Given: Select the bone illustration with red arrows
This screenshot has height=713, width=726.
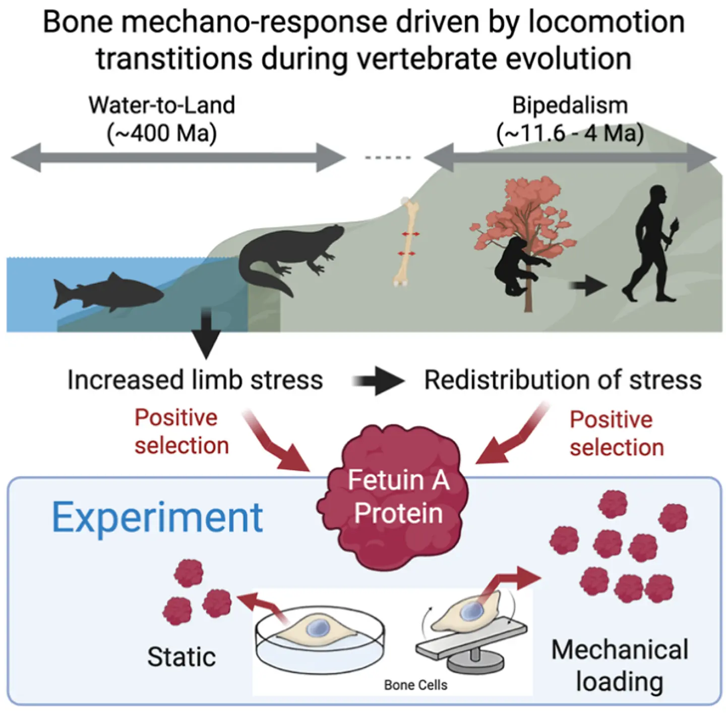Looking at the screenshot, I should pos(407,242).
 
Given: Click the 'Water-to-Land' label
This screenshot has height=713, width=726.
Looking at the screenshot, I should pos(162,105).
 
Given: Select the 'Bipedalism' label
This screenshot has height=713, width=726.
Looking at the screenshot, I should pos(570,105).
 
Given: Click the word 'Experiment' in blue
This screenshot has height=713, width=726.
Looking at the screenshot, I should pos(157,518).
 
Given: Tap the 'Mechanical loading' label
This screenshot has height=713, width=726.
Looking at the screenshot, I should pos(620,665).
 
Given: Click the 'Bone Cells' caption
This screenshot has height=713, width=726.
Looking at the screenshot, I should pos(415,685).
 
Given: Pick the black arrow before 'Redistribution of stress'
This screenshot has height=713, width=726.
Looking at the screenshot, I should pos(378,380).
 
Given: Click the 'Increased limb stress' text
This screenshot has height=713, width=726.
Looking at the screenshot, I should pos(195,380).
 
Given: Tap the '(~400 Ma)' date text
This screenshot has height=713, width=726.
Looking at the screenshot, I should pos(162,133).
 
